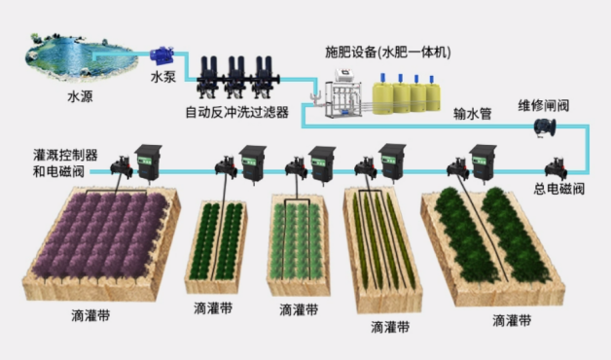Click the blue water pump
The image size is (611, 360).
point(162,55)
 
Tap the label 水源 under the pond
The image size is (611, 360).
point(81,96)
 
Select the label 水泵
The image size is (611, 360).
point(163,76)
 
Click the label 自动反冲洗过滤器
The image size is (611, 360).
point(237,112)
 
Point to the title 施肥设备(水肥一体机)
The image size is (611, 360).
point(388,53)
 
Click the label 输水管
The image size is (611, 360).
point(472,114)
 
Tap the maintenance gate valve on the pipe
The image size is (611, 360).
point(545,127)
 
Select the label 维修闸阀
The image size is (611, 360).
point(544,105)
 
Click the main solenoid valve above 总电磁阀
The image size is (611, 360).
point(556,168)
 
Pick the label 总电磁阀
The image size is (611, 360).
point(558,189)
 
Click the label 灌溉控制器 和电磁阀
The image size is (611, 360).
point(65,162)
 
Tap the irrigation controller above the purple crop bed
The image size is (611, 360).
point(148,162)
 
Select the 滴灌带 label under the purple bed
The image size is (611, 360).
point(90,315)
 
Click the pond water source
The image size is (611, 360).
point(82,56)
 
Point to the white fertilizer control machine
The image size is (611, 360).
point(343,93)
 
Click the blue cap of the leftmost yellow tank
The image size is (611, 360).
point(382,78)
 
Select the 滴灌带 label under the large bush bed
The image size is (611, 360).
point(512,321)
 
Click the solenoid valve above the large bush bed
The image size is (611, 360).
point(458,168)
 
